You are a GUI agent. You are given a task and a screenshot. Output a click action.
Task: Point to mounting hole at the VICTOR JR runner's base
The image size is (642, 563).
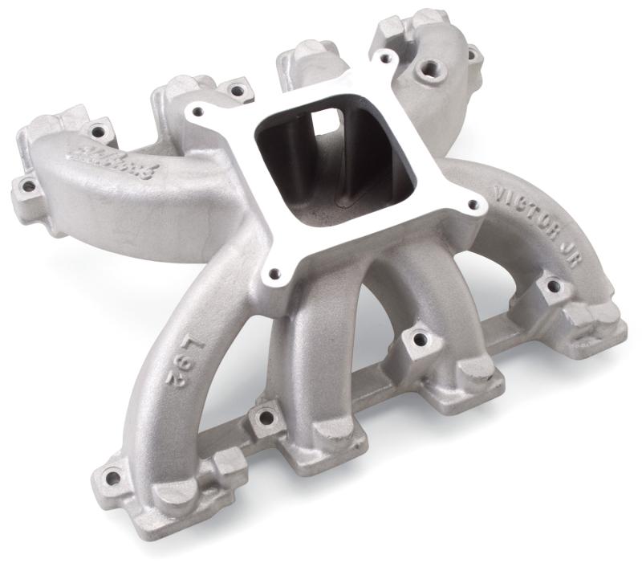coord(551,285)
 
